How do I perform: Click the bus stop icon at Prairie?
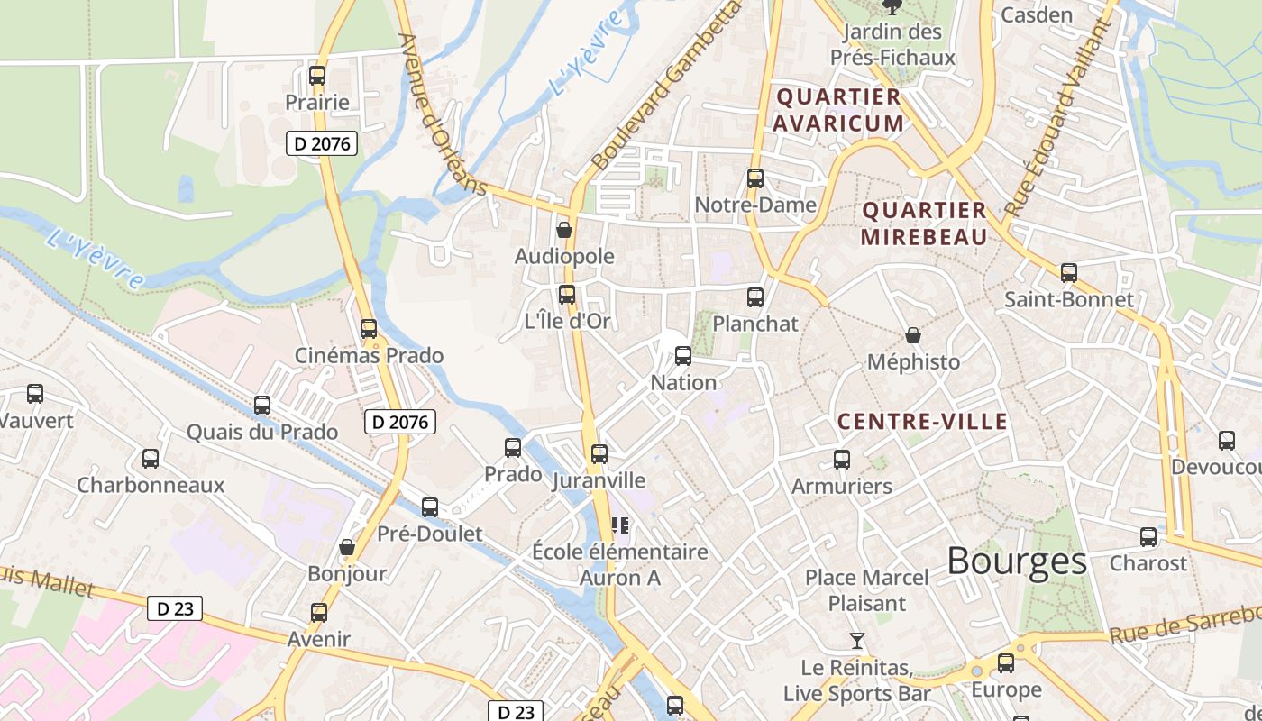click(316, 76)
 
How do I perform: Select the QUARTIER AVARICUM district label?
click(838, 110)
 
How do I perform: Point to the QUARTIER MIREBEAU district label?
click(924, 224)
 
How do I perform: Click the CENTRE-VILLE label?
click(922, 422)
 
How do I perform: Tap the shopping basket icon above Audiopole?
click(564, 230)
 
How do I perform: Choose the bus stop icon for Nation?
click(683, 356)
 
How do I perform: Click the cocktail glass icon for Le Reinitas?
click(856, 641)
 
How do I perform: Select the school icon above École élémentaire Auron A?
click(619, 525)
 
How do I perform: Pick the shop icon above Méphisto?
click(913, 335)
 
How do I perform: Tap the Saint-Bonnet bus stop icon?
click(1069, 272)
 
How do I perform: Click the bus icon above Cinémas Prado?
click(369, 329)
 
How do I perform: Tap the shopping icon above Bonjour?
click(347, 547)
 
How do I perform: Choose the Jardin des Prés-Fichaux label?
click(892, 45)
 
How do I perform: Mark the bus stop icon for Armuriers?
click(842, 460)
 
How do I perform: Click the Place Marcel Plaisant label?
click(867, 590)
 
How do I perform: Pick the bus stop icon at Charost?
click(1148, 537)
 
